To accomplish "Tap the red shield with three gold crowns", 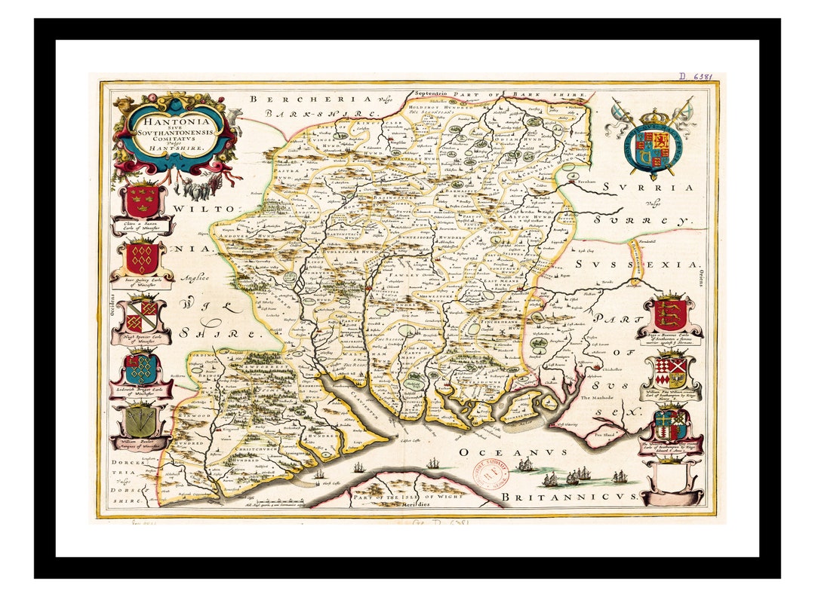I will coord(142,201).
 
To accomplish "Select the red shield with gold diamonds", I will coord(142,258).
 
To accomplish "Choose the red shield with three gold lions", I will coord(669,314).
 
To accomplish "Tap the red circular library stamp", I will coord(488,474).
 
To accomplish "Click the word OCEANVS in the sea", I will coord(512,452).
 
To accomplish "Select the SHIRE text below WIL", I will coord(227,332).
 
